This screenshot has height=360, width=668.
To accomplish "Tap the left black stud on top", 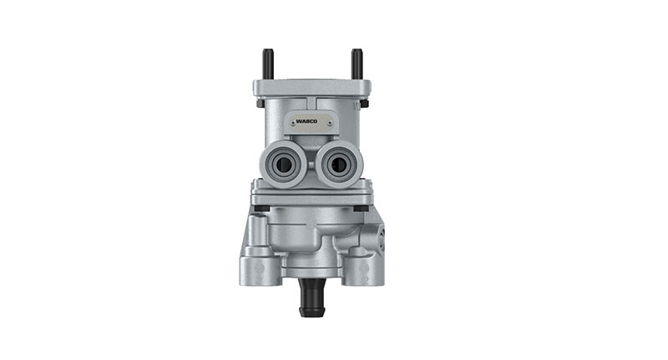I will [268, 63].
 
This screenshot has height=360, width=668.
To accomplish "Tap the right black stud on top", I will [357, 63].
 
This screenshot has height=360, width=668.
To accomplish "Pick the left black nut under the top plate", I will [261, 104].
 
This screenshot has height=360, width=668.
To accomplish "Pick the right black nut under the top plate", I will [364, 104].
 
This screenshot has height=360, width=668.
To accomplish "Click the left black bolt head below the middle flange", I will [262, 209].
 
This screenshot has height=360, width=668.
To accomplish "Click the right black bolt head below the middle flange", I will [361, 209].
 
